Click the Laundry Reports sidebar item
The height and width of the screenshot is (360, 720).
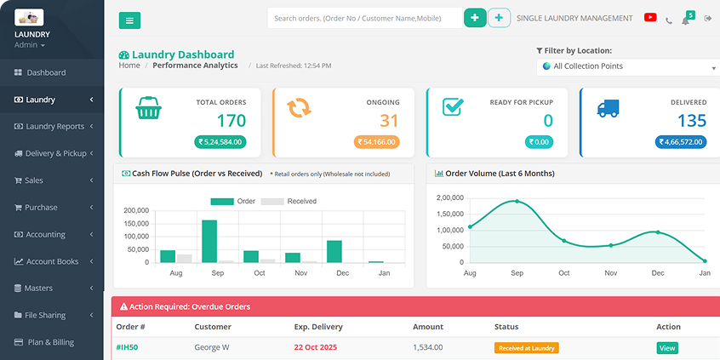(x=54, y=127)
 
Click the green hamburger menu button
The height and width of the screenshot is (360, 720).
(x=129, y=20)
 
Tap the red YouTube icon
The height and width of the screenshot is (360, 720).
(x=650, y=18)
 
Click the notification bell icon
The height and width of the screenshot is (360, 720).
(x=685, y=20)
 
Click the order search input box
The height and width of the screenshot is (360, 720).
(x=364, y=18)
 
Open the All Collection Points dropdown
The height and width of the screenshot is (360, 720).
(x=628, y=66)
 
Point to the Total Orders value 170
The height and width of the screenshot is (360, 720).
(x=231, y=121)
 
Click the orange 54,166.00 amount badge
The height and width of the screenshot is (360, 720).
(x=376, y=142)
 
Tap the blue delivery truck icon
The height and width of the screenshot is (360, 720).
(x=608, y=108)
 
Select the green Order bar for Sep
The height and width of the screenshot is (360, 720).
(x=209, y=241)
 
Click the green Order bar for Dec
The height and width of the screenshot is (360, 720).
(x=334, y=251)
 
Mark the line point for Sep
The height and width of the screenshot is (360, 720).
(x=517, y=202)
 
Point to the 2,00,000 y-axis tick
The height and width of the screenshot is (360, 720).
(x=449, y=197)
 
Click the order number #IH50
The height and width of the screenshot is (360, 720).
(x=127, y=347)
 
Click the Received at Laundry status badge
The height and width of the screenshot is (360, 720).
(x=526, y=347)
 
